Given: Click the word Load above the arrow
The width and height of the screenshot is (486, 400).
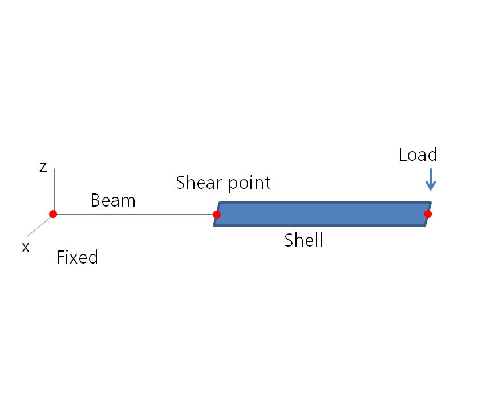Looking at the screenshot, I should [418, 155].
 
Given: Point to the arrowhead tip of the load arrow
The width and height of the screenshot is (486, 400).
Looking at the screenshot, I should [431, 189].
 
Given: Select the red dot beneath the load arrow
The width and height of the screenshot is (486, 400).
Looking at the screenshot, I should [428, 214].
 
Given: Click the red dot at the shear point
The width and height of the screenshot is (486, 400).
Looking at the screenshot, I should [217, 215].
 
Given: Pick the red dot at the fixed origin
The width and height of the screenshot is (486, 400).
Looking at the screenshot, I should [53, 214].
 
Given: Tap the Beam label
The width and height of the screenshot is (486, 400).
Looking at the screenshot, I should [113, 200].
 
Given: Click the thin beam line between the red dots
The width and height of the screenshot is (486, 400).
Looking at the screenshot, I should [135, 214].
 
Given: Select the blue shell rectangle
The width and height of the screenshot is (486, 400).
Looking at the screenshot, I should [322, 214].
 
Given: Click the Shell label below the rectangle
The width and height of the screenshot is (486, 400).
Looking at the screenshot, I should [303, 240].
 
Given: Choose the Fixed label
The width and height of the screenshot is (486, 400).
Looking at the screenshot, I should [77, 257].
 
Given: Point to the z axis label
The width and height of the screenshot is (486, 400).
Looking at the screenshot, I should [43, 167].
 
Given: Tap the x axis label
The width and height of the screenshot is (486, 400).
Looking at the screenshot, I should [25, 247].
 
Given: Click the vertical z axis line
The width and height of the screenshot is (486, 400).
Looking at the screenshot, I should [54, 188].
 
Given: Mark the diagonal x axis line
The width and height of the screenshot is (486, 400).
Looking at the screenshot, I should [39, 226].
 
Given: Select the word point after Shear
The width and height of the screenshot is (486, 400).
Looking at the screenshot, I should [249, 184].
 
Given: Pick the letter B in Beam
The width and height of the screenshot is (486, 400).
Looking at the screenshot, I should [96, 200].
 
